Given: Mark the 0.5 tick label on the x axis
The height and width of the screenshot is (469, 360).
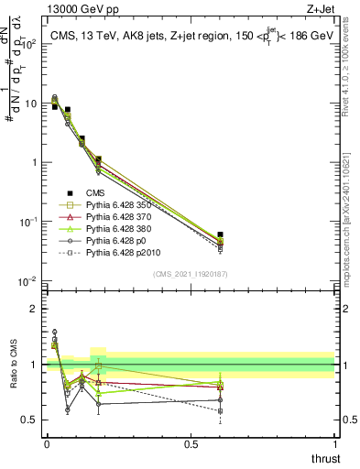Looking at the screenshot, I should [x=191, y=443].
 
